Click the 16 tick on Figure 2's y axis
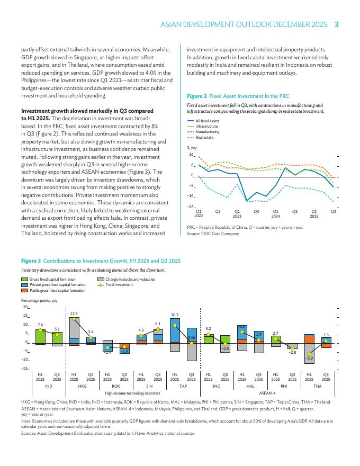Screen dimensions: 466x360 (x=192, y=155)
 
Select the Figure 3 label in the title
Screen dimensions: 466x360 (x=31, y=261)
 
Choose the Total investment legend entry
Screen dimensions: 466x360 (x=119, y=285)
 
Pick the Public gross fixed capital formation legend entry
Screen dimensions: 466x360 (x=57, y=291)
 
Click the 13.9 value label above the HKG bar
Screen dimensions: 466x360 (x=74, y=314)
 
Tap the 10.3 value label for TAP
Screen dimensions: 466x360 (x=175, y=315)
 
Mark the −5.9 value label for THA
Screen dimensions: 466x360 (x=309, y=359)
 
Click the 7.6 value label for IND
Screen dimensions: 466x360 (x=40, y=324)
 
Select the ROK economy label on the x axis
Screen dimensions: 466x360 (x=116, y=387)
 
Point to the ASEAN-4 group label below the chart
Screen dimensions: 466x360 (x=267, y=393)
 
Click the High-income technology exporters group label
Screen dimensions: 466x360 (x=132, y=393)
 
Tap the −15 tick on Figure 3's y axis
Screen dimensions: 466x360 (x=25, y=368)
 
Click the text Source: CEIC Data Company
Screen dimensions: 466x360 (x=213, y=233)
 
